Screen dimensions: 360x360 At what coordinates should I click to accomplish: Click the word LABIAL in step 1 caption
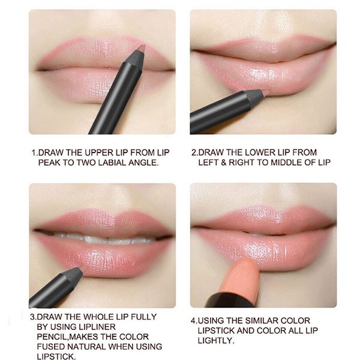[x=112, y=163]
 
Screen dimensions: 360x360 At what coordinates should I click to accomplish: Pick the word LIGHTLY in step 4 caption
[x=216, y=341]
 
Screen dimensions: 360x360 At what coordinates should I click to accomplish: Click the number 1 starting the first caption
[x=34, y=152]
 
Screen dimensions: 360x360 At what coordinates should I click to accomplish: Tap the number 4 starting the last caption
[x=193, y=321]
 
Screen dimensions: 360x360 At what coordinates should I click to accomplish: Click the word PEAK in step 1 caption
[x=49, y=163]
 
